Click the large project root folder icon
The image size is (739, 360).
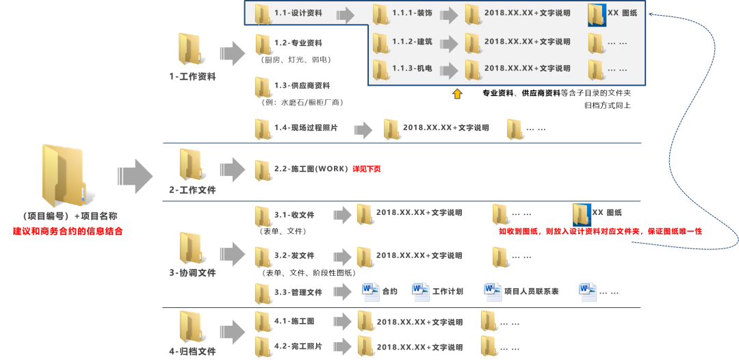click(62, 175)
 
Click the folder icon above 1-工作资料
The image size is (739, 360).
click(190, 50)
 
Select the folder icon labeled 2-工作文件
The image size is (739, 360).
click(190, 165)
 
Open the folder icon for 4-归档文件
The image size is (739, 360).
click(190, 328)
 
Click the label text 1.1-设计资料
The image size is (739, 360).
click(298, 13)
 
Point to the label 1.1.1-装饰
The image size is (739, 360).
click(413, 13)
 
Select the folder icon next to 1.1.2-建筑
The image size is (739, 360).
click(381, 43)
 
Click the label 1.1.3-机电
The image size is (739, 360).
click(412, 68)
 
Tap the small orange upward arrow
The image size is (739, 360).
click(458, 94)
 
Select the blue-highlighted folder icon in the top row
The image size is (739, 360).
click(597, 14)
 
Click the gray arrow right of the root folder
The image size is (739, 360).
click(135, 176)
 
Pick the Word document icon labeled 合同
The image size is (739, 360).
click(370, 292)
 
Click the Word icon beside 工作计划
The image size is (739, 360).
click(420, 292)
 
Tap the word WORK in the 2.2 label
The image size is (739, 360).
click(331, 168)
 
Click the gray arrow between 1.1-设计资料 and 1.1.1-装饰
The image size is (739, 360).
click(346, 14)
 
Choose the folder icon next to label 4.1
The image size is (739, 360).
click(263, 321)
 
